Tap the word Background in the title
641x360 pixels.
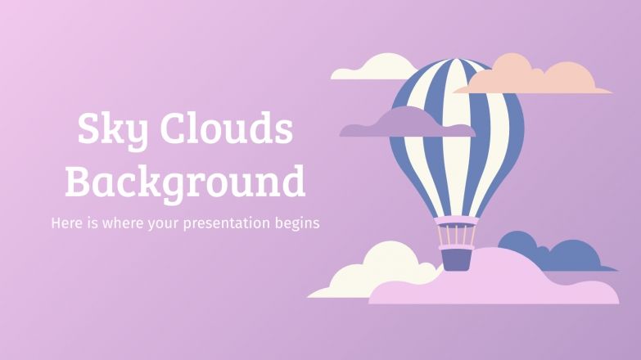185,181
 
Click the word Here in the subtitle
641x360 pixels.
66,223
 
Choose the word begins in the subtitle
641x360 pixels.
299,223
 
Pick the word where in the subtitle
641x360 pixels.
123,223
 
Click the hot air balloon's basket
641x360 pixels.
456,258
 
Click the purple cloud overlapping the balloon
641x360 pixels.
393,125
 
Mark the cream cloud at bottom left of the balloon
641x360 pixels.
368,270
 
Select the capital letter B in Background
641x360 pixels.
79,181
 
